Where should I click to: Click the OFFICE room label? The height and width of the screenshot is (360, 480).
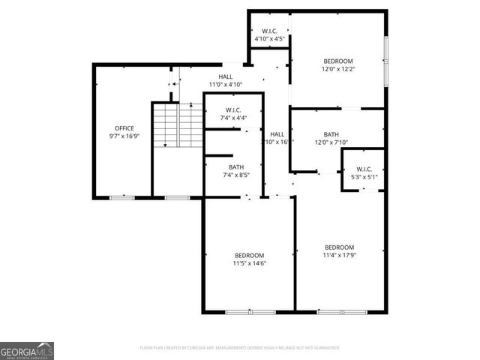point(124,128)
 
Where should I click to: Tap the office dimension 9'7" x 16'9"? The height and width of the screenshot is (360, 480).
point(124,136)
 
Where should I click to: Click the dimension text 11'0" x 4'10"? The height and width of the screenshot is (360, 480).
point(225,85)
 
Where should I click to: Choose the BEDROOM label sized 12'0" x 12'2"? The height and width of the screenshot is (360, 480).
point(337,61)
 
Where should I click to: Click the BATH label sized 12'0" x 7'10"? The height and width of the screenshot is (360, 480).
point(331,134)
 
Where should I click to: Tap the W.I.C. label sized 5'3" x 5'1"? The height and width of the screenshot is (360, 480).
point(364,169)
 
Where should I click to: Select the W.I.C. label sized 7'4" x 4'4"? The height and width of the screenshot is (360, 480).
point(233,109)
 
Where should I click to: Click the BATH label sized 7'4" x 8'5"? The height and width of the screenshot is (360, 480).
point(236,167)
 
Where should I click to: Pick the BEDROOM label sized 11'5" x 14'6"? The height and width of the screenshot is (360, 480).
point(249,254)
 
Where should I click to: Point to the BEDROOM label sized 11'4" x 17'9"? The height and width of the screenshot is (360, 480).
point(339,247)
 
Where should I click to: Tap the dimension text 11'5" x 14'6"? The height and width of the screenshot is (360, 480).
point(249,263)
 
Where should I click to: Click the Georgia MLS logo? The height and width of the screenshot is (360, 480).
point(27,350)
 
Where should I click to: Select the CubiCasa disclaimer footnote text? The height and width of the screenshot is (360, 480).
point(240,348)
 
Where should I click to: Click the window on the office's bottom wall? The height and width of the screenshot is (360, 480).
point(122,197)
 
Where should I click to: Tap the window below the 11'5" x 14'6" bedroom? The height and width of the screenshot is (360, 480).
point(250,311)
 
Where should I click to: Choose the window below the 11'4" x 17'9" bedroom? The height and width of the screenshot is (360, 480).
point(342,311)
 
